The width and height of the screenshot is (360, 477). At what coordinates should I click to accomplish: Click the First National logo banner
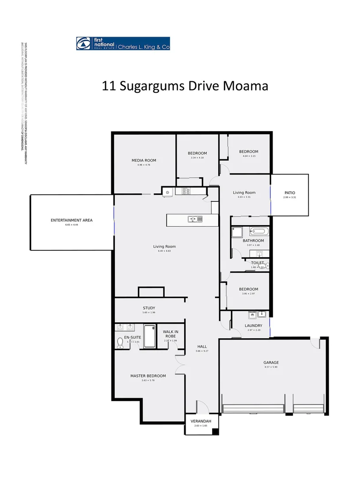point(123,43)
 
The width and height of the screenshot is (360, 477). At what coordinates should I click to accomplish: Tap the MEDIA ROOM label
point(144,160)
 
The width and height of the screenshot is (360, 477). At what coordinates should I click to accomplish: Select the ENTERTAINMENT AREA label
point(71,220)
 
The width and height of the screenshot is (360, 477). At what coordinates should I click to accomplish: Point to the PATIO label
point(289,193)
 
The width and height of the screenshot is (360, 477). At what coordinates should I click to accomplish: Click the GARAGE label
point(271,363)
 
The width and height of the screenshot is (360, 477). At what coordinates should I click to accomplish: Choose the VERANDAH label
point(201,421)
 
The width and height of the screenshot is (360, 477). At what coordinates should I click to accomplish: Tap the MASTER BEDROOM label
point(148,376)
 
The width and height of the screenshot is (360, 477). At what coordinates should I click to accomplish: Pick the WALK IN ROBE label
point(171,334)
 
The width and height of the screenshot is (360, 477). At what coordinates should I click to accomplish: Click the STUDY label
point(149,308)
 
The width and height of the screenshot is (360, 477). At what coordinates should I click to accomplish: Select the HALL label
point(202,347)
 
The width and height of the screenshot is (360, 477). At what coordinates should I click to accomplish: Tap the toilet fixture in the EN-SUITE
point(120,342)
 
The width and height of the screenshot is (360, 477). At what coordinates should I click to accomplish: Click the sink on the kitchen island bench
point(195,219)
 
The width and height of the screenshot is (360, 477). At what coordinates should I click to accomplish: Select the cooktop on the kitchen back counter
point(186,191)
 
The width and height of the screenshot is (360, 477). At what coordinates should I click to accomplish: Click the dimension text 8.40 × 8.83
point(164,251)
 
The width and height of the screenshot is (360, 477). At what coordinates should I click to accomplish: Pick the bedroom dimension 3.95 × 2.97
point(248,294)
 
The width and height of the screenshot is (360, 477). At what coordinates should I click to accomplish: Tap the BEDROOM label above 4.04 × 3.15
point(249,151)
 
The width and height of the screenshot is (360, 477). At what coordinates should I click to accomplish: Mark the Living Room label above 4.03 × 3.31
point(244,193)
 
